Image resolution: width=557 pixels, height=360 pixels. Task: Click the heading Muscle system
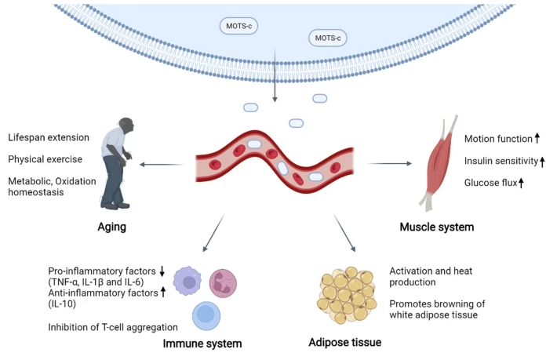(x=436, y=227)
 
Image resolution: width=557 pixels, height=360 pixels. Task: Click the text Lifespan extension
(x=48, y=137)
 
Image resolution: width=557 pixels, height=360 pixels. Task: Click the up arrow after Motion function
(x=537, y=139)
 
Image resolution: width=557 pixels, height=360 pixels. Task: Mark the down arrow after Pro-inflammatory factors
(x=162, y=271)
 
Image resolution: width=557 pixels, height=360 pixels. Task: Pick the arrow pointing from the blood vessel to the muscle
(x=389, y=163)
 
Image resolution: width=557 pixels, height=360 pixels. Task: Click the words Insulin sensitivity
(x=500, y=161)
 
